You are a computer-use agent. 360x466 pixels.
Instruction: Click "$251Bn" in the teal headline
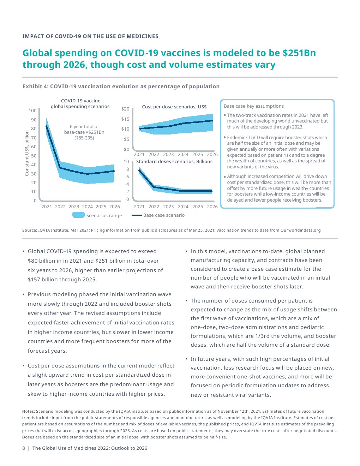pyautogui.click(x=299, y=53)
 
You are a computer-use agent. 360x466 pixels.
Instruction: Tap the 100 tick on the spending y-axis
pyautogui.click(x=32, y=110)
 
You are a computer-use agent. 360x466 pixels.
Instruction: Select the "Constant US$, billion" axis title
pyautogui.click(x=27, y=153)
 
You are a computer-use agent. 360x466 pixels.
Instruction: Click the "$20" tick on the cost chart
pyautogui.click(x=125, y=109)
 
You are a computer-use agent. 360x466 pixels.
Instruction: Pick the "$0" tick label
pyautogui.click(x=126, y=149)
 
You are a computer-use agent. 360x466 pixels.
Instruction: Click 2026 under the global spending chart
pyautogui.click(x=114, y=207)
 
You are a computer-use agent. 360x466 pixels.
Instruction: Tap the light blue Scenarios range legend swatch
pyautogui.click(x=78, y=215)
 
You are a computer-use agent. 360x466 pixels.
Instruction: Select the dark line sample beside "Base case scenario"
pyautogui.click(x=137, y=215)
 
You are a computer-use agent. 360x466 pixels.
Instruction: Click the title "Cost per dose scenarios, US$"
pyautogui.click(x=174, y=107)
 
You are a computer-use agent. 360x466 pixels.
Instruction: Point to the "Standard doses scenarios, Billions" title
pyautogui.click(x=174, y=161)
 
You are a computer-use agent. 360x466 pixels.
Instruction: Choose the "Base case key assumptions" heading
pyautogui.click(x=254, y=106)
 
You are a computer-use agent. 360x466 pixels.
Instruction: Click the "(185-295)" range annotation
pyautogui.click(x=84, y=138)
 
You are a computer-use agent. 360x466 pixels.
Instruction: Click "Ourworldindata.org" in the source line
pyautogui.click(x=300, y=230)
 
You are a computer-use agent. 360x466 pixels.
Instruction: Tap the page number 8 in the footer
pyautogui.click(x=24, y=448)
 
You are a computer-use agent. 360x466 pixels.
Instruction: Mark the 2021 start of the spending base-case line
pyautogui.click(x=46, y=126)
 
